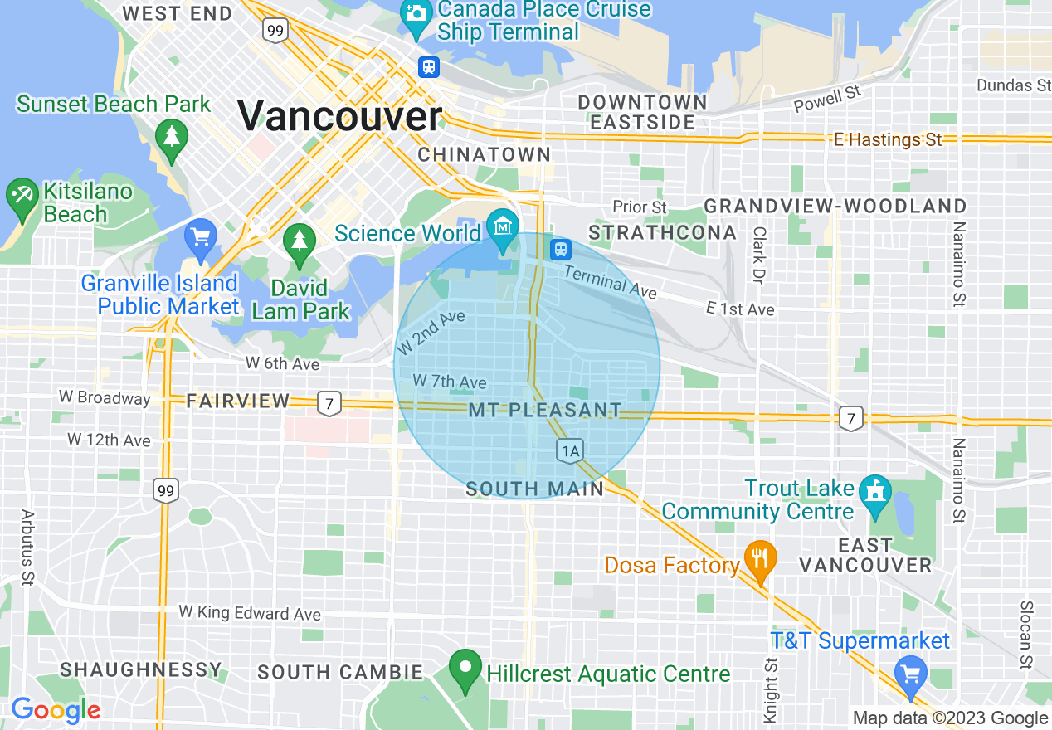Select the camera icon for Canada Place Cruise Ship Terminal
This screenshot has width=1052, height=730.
414,13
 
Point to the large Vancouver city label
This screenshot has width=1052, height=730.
340,115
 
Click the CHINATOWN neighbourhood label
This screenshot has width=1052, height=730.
484,155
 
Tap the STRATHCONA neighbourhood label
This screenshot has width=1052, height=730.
662,232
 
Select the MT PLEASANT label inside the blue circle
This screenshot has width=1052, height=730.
544,411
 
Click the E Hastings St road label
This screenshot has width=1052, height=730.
888,140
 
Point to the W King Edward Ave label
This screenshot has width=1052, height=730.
250,614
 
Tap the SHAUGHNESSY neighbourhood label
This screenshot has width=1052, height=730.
141,669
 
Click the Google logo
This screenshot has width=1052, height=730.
55,711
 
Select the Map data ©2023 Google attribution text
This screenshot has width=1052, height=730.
950,718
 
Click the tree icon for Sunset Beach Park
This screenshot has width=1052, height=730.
171,137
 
